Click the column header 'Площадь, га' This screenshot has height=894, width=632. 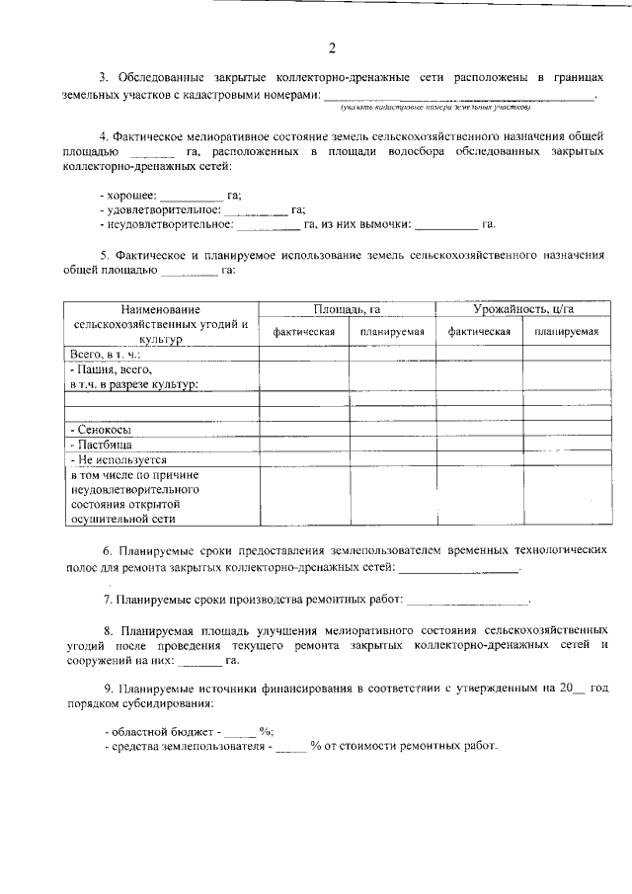pos(348,310)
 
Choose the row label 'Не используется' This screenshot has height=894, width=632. pos(117,459)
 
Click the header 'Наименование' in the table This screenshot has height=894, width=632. pos(161,310)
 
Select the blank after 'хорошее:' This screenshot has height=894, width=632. pos(193,196)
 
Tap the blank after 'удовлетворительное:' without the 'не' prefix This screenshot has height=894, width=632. pos(256,209)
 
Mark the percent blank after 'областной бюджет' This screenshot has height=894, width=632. pos(240,732)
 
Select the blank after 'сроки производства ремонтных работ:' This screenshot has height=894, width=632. pos(467,599)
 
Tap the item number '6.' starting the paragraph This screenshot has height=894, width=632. pos(109,548)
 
